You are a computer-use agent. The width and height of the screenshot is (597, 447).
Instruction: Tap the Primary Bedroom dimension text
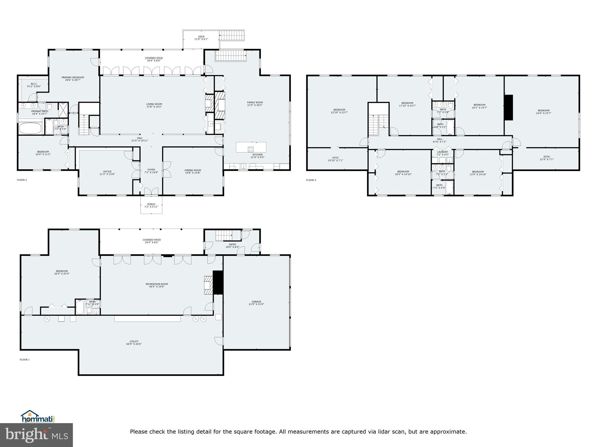coord(73,80)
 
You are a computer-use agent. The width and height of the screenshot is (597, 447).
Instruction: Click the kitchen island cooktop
coord(250,149)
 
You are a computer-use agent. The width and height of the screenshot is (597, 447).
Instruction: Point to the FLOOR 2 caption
coord(22,180)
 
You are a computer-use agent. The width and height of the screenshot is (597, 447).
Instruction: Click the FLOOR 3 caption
coord(311,180)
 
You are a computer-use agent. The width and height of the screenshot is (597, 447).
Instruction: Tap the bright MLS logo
coord(36,435)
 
